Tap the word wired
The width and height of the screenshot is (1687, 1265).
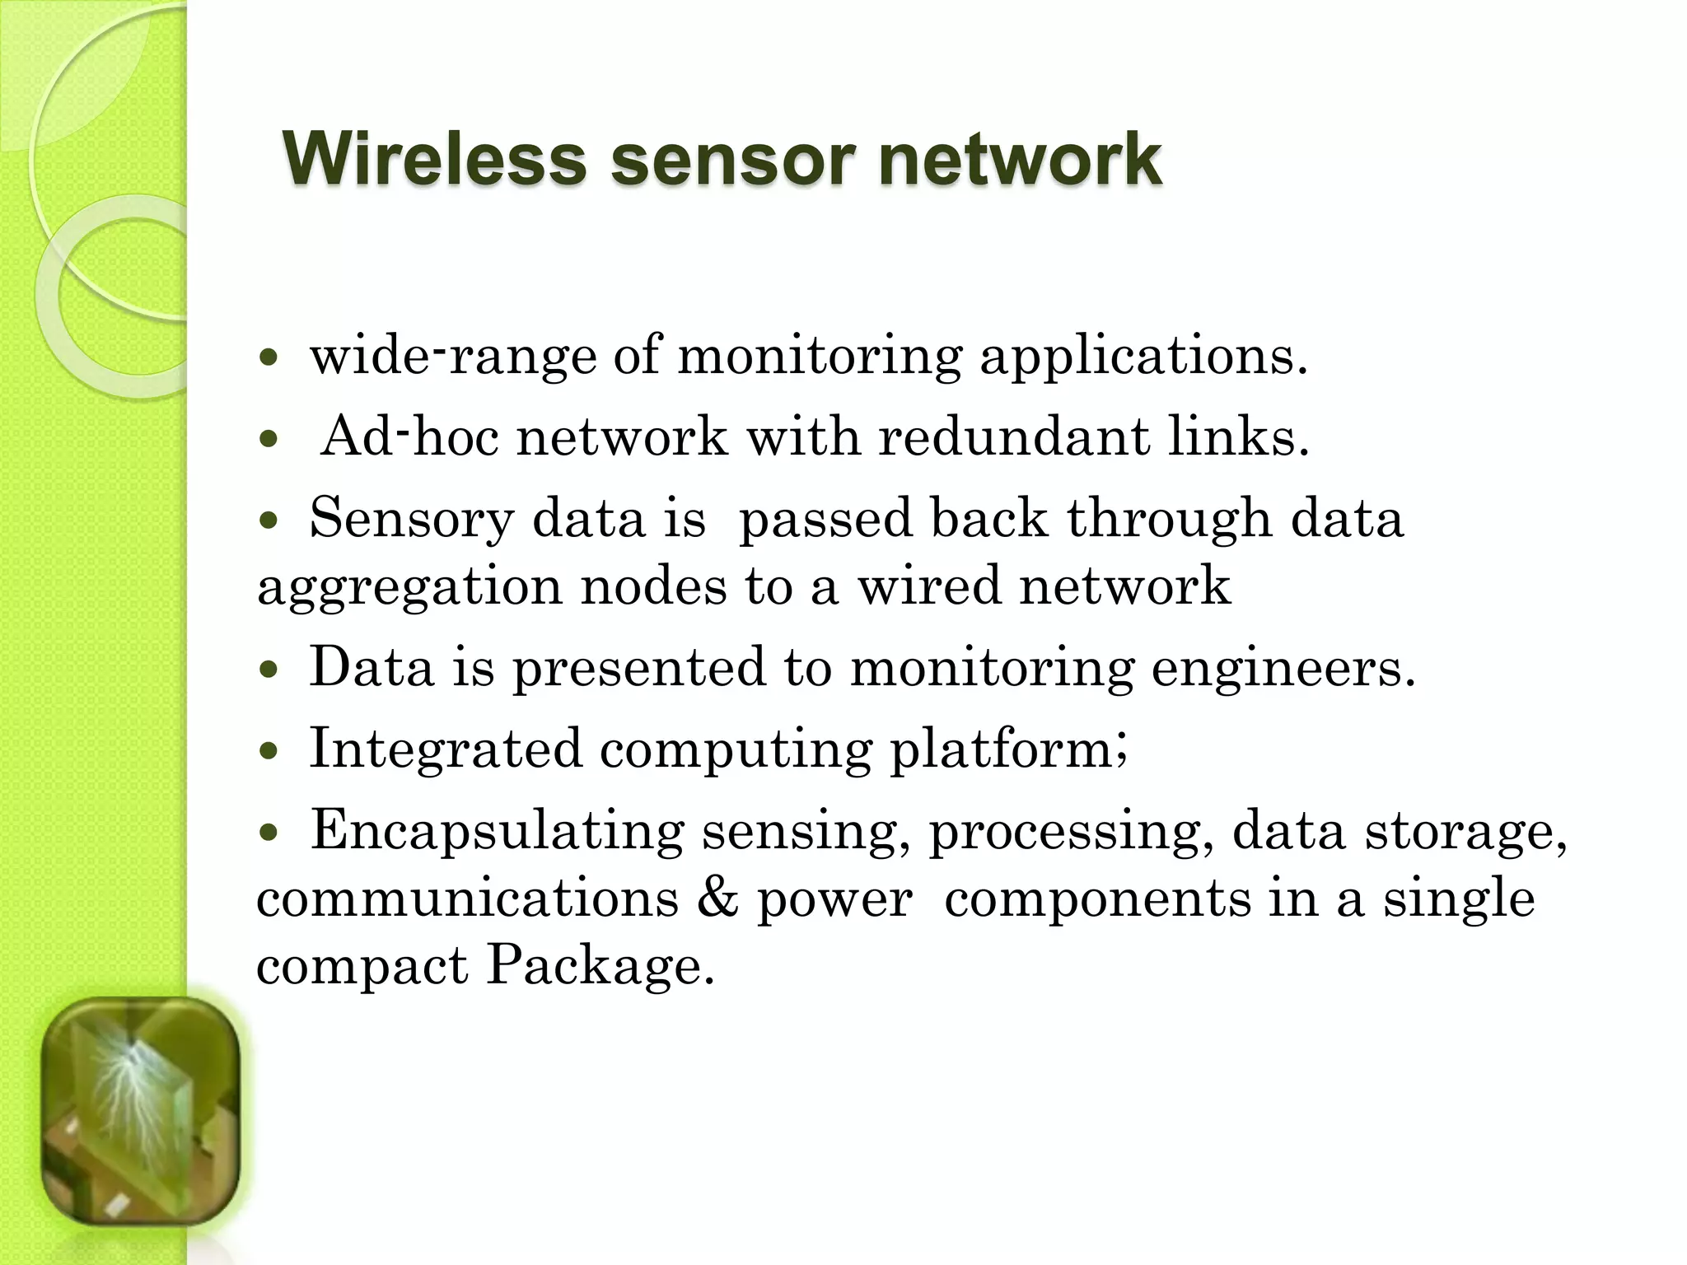pyautogui.click(x=929, y=586)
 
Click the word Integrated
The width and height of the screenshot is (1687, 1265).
pyautogui.click(x=445, y=749)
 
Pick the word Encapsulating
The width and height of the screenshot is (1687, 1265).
pyautogui.click(x=497, y=832)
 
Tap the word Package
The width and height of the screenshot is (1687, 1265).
pyautogui.click(x=599, y=965)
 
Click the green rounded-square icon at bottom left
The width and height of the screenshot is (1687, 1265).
pyautogui.click(x=140, y=1112)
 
